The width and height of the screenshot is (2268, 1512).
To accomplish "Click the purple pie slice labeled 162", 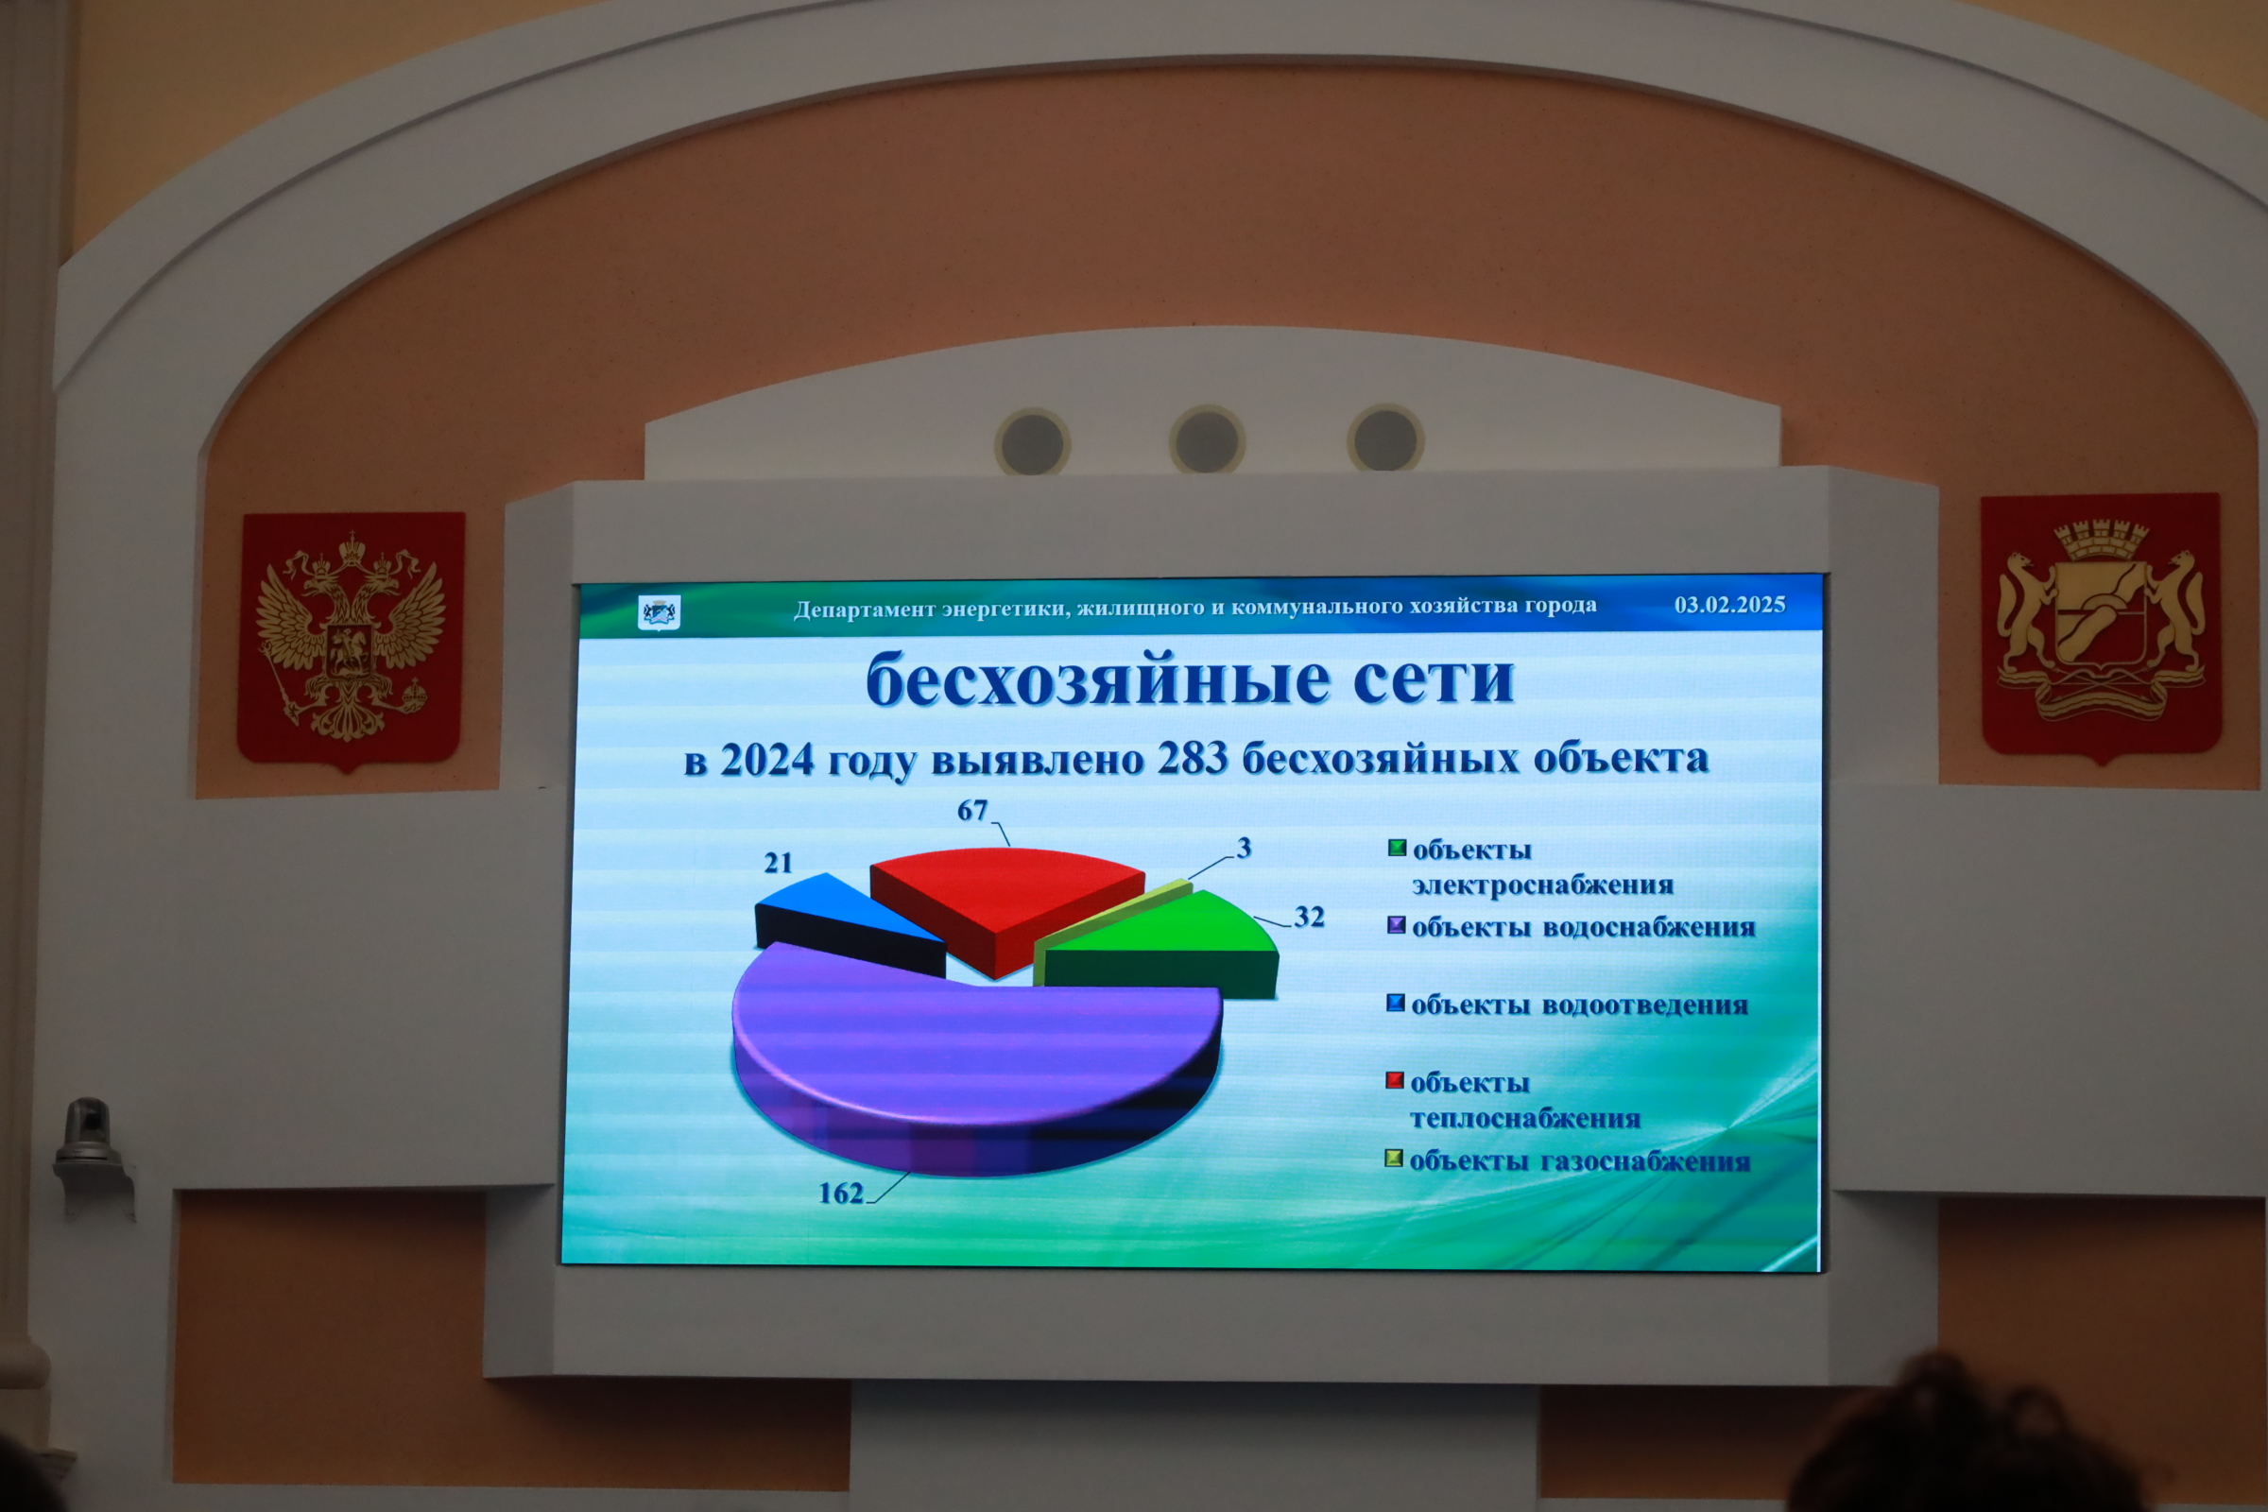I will click(x=974, y=1051).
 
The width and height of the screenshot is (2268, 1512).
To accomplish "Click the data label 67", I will click(x=972, y=810).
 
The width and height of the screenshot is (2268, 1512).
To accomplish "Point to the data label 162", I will click(x=841, y=1194).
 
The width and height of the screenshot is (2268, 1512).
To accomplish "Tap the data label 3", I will click(x=1244, y=848).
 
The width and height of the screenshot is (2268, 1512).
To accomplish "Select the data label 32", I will click(x=1309, y=916).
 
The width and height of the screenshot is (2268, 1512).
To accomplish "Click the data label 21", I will click(x=778, y=862).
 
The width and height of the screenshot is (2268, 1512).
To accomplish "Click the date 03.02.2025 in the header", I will click(x=1730, y=605).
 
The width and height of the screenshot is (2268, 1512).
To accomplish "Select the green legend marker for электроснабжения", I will click(x=1397, y=849).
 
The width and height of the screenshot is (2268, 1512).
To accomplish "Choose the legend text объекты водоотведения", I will click(x=1579, y=1005).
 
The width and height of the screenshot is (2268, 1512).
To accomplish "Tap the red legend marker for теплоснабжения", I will click(x=1395, y=1080).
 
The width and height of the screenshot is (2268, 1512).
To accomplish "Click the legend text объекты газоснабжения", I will click(x=1579, y=1161).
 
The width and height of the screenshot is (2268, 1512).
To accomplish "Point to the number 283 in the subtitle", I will click(x=1193, y=759).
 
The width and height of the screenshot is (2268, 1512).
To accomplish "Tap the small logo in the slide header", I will click(x=660, y=611).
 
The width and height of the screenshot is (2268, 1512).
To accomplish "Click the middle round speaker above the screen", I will click(x=1207, y=440).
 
